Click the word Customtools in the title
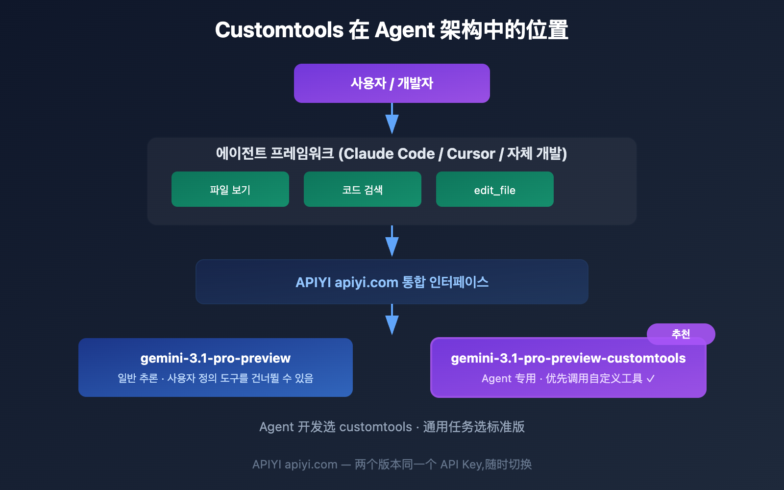click(x=279, y=30)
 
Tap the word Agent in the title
click(x=404, y=30)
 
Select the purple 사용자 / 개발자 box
click(x=392, y=83)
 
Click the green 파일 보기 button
click(x=230, y=190)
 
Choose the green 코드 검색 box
click(x=363, y=190)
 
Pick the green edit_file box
click(x=495, y=190)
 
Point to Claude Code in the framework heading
click(x=390, y=154)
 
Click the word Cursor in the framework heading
click(x=471, y=154)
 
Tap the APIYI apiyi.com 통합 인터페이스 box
click(x=392, y=282)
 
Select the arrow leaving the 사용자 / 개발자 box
click(x=392, y=120)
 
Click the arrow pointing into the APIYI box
click(x=392, y=242)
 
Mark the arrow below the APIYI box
click(x=392, y=320)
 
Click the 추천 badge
click(x=681, y=334)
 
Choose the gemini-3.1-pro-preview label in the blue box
click(x=216, y=358)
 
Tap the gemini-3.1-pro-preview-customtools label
click(x=568, y=358)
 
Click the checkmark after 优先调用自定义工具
click(x=651, y=379)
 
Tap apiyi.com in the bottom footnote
click(x=311, y=465)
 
